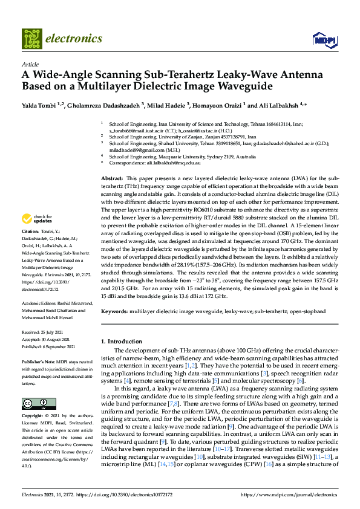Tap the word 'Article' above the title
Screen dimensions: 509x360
click(30, 63)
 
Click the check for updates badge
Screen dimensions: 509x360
click(38, 218)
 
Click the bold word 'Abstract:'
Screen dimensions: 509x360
click(112, 179)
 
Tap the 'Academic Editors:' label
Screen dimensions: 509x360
click(41, 303)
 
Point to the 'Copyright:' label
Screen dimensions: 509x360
click(33, 417)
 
